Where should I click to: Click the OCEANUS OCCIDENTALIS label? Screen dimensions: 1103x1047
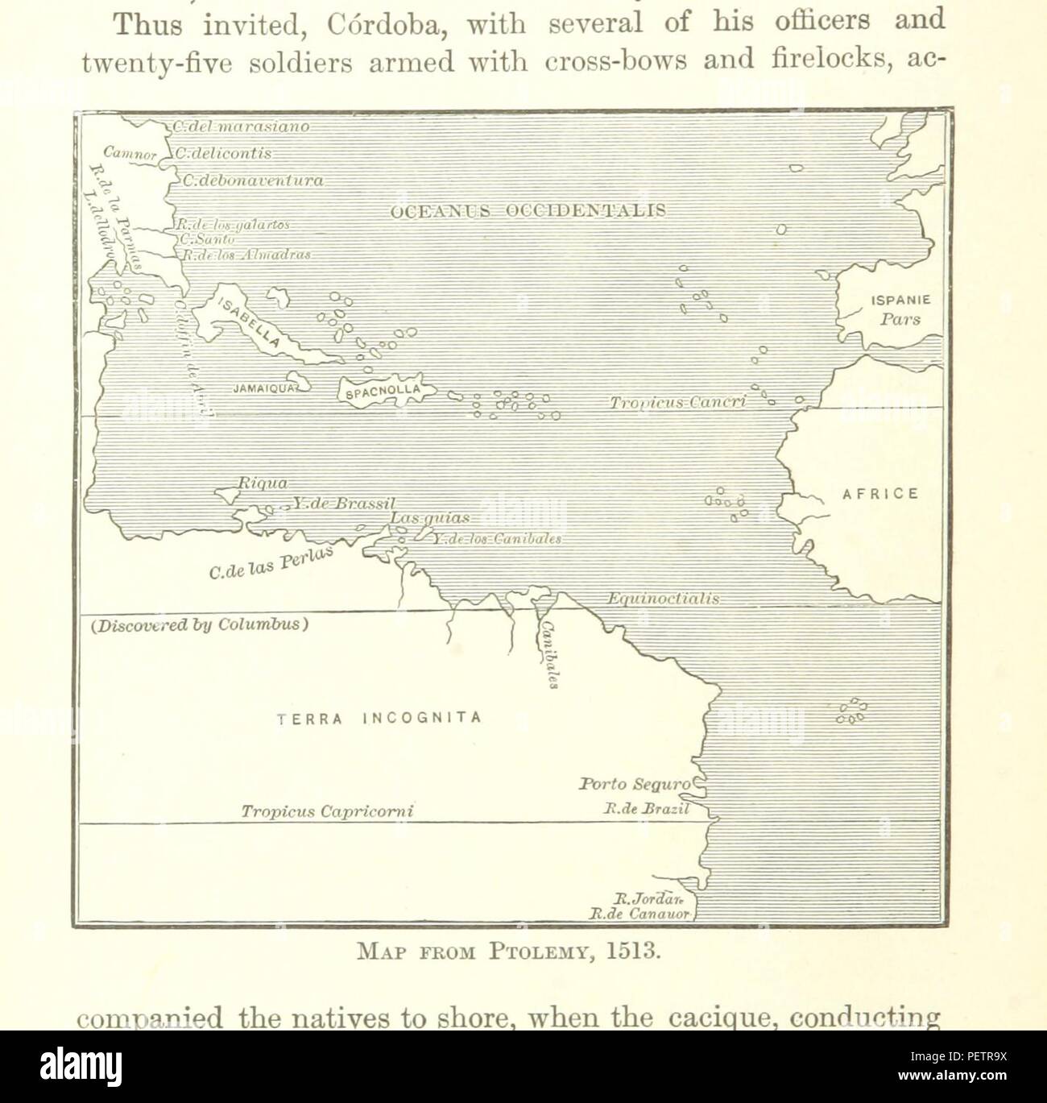(x=528, y=211)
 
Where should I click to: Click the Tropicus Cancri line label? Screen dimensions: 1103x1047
(x=678, y=401)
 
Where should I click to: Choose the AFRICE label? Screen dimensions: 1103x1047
(x=880, y=494)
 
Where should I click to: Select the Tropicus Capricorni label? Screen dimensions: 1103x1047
(x=326, y=811)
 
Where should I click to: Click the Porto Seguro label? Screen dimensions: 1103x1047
(x=635, y=783)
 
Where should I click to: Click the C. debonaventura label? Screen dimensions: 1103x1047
(x=252, y=181)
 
